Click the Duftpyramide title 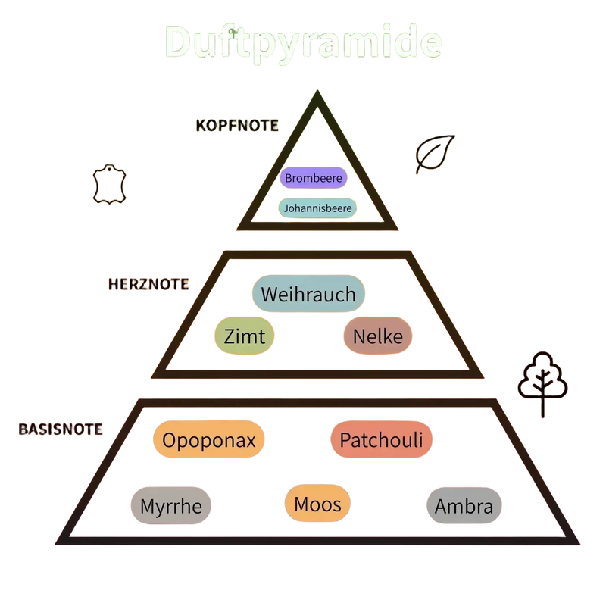(x=304, y=43)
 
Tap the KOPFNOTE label (x=237, y=126)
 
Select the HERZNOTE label (x=148, y=284)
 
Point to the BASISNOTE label (x=61, y=429)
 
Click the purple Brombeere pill (x=314, y=178)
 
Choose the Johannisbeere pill (x=317, y=208)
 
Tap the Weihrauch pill (x=308, y=294)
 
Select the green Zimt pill (x=244, y=336)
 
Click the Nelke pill (x=377, y=336)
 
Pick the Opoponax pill (x=209, y=439)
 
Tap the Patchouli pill (x=381, y=439)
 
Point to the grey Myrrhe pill (x=171, y=505)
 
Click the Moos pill (x=317, y=504)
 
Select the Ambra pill (x=464, y=505)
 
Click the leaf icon (x=434, y=154)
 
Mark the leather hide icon (x=109, y=184)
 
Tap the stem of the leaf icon (x=420, y=167)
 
